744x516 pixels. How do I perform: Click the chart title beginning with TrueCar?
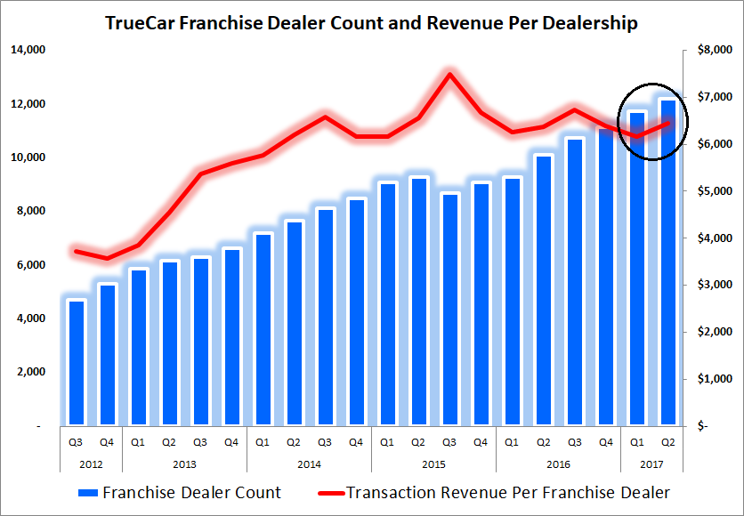pos(371,23)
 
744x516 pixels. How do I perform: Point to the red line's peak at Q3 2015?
pos(450,74)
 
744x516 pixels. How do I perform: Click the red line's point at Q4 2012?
pos(108,259)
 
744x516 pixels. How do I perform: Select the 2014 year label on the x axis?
pos(309,464)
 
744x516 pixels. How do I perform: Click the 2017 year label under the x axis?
pos(652,464)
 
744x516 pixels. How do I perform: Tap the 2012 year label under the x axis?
pos(93,464)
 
